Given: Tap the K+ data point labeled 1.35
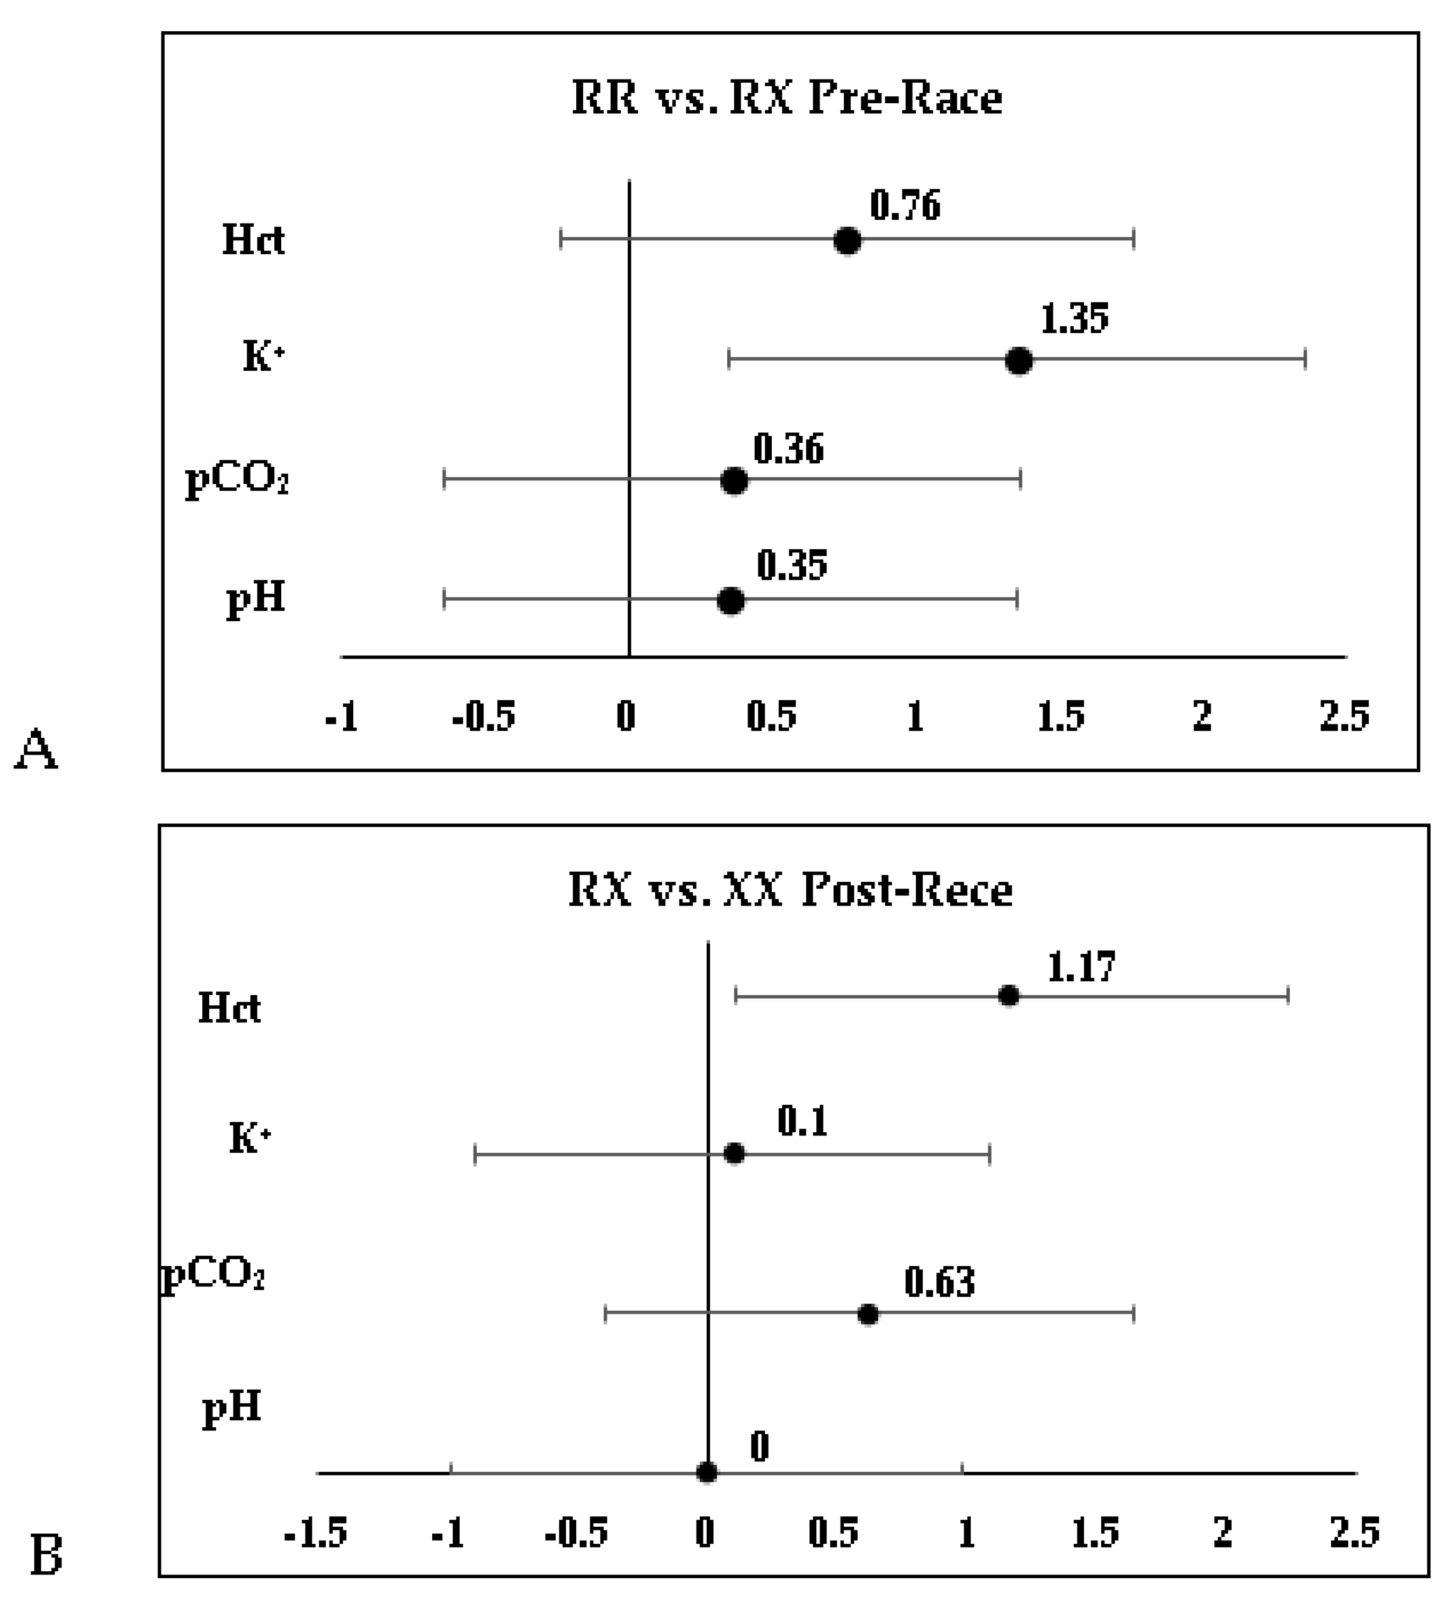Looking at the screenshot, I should point(1019,360).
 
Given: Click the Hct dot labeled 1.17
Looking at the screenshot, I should point(1009,996).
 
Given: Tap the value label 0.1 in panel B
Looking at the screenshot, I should point(802,1122).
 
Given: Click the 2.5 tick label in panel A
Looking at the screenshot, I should point(1344,717).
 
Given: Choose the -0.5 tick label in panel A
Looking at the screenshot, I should point(483,717).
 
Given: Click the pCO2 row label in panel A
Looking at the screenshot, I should point(236,479).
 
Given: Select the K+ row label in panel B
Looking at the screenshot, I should point(250,1138).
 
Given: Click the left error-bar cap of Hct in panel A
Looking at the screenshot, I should point(561,239).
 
